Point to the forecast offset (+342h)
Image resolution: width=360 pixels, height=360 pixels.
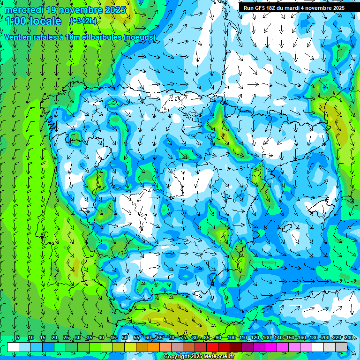click(x=83, y=21)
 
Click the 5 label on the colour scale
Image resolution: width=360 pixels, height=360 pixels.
click(x=18, y=338)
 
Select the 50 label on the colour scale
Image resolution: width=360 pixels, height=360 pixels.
click(x=125, y=338)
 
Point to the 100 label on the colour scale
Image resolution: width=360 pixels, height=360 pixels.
click(x=231, y=338)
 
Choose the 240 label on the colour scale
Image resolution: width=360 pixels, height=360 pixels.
click(x=349, y=338)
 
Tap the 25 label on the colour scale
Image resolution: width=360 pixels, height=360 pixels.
click(x=66, y=338)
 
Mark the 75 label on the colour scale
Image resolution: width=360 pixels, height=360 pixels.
click(x=184, y=338)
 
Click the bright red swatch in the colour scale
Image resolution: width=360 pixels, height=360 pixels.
click(x=212, y=347)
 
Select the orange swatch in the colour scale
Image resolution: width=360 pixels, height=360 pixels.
click(x=154, y=347)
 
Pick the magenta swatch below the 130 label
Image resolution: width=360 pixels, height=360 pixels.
click(x=271, y=347)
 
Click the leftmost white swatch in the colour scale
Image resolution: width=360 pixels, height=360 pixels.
click(x=13, y=347)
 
